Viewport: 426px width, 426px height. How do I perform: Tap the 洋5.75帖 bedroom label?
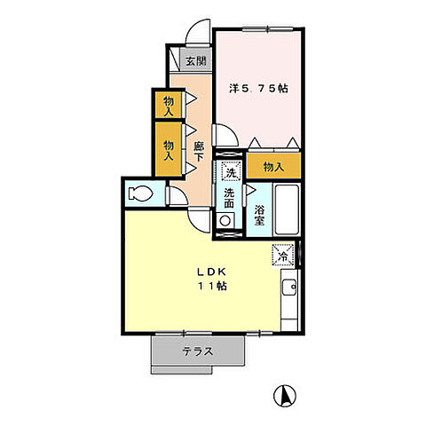pyautogui.click(x=258, y=88)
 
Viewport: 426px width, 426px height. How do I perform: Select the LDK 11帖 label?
pyautogui.click(x=212, y=279)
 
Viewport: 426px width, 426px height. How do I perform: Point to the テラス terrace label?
pyautogui.click(x=198, y=351)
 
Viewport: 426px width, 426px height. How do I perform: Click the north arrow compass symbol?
pyautogui.click(x=285, y=396)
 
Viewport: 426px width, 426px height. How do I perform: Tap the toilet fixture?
pyautogui.click(x=140, y=193)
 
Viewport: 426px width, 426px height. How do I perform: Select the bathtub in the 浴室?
pyautogui.click(x=287, y=209)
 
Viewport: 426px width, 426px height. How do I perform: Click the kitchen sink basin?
pyautogui.click(x=289, y=287)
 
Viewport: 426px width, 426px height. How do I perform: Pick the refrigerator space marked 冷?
pyautogui.click(x=283, y=255)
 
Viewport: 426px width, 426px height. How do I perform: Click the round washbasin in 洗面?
pyautogui.click(x=225, y=221)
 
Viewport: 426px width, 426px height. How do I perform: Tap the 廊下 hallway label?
pyautogui.click(x=199, y=151)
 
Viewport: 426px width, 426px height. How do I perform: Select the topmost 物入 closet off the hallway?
pyautogui.click(x=169, y=105)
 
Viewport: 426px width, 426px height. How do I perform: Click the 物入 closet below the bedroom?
pyautogui.click(x=273, y=166)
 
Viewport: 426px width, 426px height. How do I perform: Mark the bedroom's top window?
pyautogui.click(x=268, y=29)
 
